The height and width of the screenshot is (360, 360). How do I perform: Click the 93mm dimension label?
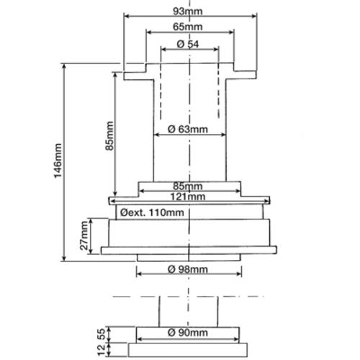pyautogui.click(x=188, y=12)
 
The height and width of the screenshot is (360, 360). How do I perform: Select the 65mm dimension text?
pyautogui.click(x=188, y=27)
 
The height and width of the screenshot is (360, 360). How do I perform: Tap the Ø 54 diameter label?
pyautogui.click(x=188, y=44)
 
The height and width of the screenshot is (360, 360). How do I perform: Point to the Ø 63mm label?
pyautogui.click(x=188, y=130)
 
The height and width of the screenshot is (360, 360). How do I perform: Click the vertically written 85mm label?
pyautogui.click(x=109, y=136)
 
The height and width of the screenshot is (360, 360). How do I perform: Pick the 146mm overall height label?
pyautogui.click(x=58, y=161)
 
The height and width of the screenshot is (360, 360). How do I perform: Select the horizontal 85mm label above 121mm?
pyautogui.click(x=188, y=186)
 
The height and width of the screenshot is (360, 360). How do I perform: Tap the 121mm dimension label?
pyautogui.click(x=188, y=197)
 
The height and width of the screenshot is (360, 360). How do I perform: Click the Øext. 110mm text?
pyautogui.click(x=152, y=212)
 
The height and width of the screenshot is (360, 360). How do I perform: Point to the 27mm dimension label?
pyautogui.click(x=84, y=235)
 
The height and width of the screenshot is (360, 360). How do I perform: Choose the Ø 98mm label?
pyautogui.click(x=188, y=269)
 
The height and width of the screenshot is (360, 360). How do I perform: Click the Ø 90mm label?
pyautogui.click(x=188, y=333)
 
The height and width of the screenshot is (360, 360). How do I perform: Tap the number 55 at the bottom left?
pyautogui.click(x=102, y=334)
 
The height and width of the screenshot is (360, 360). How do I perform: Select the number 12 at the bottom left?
pyautogui.click(x=102, y=349)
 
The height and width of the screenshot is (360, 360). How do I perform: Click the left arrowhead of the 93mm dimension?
pyautogui.click(x=127, y=16)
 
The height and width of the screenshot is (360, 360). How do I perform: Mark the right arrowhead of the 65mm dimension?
pyautogui.click(x=231, y=32)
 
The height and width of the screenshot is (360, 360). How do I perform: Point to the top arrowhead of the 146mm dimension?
pyautogui.click(x=64, y=67)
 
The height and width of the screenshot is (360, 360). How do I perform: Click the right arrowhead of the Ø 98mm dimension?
pyautogui.click(x=238, y=274)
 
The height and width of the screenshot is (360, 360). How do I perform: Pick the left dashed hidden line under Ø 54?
pyautogui.click(x=161, y=91)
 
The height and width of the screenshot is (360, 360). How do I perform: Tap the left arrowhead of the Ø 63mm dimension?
pyautogui.click(x=157, y=135)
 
